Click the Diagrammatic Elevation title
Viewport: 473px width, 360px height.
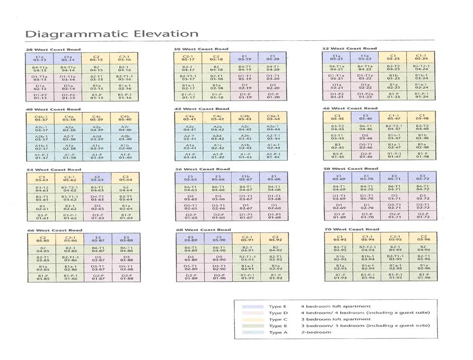[111, 34]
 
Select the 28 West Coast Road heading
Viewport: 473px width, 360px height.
[53, 49]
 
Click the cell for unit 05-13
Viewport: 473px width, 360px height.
[40, 58]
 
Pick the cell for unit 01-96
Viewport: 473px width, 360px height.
[423, 277]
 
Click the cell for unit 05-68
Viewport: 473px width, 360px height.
[273, 179]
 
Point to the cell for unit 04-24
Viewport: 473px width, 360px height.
[422, 67]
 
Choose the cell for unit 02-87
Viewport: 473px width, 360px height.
[98, 268]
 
